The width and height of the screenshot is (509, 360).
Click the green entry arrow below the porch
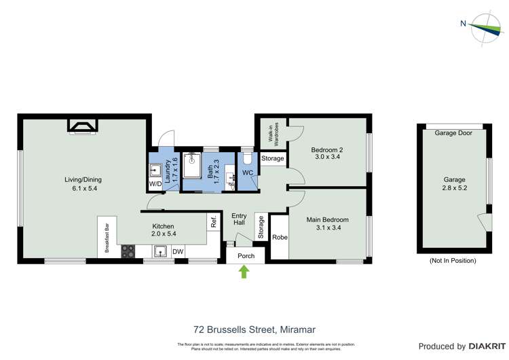244,272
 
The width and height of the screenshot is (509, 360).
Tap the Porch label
245,256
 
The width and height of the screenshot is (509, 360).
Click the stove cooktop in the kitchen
128,251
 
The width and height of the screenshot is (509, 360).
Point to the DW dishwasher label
178,252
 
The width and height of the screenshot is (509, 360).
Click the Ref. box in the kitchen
214,222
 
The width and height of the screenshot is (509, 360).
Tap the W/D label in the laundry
155,184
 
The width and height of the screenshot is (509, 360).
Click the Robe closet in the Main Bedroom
279,237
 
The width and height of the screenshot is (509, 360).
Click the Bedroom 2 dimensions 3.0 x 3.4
326,157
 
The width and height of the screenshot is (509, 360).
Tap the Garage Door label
453,133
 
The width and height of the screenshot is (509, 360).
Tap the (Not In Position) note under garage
453,260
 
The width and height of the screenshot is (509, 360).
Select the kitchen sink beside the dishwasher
160,251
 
